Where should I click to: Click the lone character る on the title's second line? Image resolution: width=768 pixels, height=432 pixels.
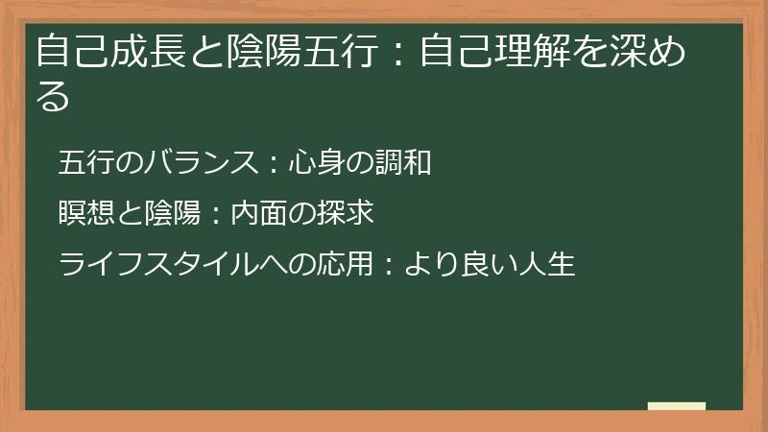53,96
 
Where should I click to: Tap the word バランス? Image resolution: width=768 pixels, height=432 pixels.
198,163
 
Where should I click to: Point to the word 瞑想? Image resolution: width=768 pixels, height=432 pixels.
87,213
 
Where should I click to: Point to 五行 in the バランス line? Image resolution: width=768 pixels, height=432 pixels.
87,163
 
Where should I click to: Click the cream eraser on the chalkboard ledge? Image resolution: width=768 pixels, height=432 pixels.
677,406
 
